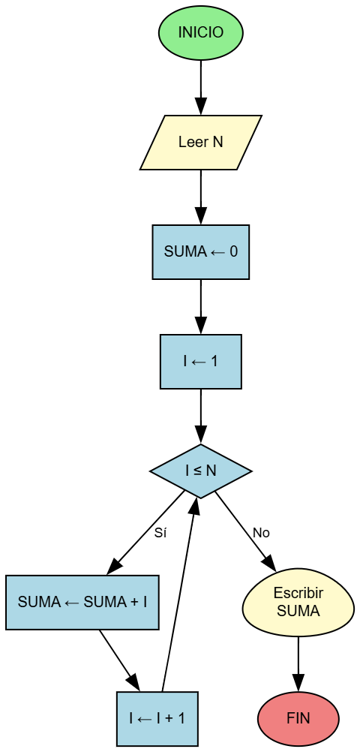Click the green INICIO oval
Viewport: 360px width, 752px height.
click(x=201, y=33)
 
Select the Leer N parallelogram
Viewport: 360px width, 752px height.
click(x=201, y=143)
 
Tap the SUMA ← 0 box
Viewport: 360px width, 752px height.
click(x=201, y=252)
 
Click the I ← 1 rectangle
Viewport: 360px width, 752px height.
click(x=201, y=362)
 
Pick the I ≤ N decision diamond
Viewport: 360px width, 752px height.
click(x=201, y=471)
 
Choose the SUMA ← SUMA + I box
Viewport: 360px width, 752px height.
click(x=82, y=602)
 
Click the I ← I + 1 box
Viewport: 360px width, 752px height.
click(x=157, y=718)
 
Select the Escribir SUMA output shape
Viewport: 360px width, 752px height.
click(x=298, y=602)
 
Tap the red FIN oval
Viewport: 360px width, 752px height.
click(x=298, y=718)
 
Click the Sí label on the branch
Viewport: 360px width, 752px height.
click(x=160, y=534)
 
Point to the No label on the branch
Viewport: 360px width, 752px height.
click(x=261, y=533)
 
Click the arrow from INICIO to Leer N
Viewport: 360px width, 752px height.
click(x=201, y=86)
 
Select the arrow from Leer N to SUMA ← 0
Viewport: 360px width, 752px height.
click(x=201, y=197)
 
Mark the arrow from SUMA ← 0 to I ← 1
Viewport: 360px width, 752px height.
click(x=201, y=306)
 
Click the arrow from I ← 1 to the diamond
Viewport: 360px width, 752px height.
click(x=201, y=416)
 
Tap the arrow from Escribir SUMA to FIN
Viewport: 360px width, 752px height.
click(x=298, y=663)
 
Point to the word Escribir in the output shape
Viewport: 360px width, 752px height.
click(x=298, y=594)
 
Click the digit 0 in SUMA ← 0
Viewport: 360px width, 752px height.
click(x=234, y=252)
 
